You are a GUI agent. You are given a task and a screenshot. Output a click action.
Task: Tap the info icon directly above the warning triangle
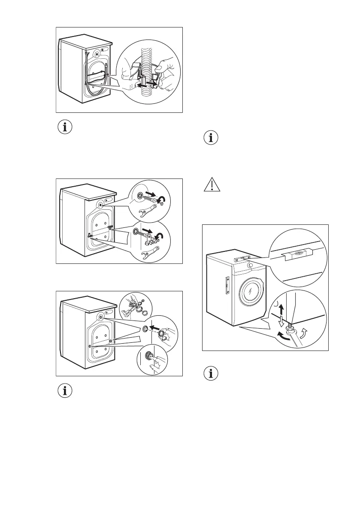210,139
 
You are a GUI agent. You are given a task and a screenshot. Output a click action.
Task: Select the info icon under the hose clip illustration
65,127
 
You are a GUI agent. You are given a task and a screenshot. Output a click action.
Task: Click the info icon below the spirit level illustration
210,374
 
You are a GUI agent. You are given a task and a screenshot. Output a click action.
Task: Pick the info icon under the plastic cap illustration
65,391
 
